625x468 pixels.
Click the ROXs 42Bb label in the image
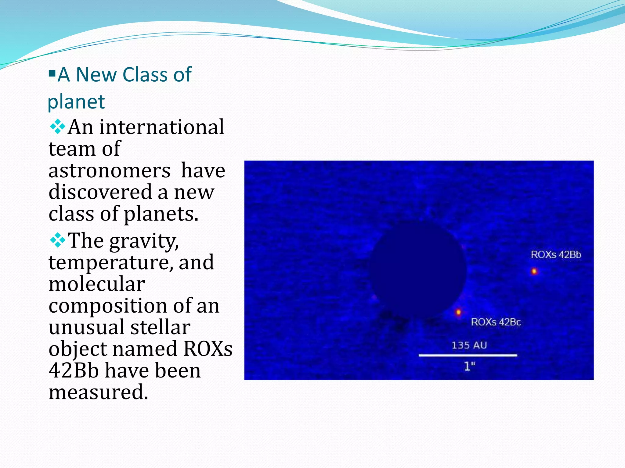(556, 254)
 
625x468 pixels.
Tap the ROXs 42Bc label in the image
(496, 322)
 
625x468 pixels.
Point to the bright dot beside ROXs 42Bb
(534, 271)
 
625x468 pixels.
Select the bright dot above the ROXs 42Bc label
(458, 312)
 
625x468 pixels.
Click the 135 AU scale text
(469, 345)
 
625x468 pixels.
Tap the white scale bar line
(468, 355)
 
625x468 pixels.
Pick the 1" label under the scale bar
(470, 366)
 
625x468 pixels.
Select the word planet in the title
(76, 102)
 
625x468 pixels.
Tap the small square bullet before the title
(52, 73)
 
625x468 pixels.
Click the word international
(162, 127)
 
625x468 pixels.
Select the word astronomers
(109, 171)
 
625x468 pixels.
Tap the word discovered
(100, 192)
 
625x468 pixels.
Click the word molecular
(96, 284)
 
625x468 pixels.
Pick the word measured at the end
(98, 392)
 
